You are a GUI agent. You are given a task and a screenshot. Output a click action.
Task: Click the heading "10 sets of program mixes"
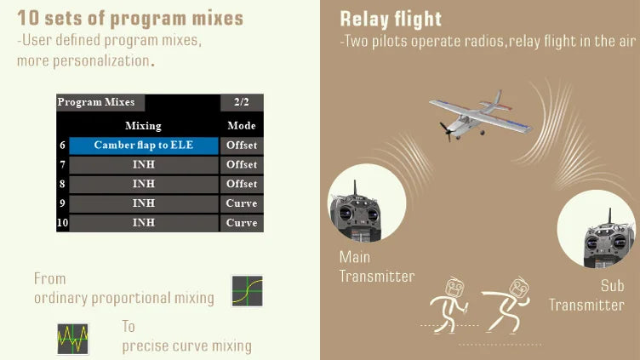pyautogui.click(x=129, y=18)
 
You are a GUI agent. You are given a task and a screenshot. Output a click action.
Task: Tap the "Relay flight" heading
pyautogui.click(x=390, y=19)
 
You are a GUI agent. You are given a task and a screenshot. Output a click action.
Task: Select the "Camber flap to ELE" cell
pyautogui.click(x=143, y=146)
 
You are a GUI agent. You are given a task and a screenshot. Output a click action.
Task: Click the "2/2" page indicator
pyautogui.click(x=242, y=102)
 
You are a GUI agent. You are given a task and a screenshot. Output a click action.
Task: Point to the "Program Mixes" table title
pyautogui.click(x=96, y=102)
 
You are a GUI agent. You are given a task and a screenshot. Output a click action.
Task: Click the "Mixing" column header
pyautogui.click(x=143, y=126)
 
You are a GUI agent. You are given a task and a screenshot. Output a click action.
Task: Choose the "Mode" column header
pyautogui.click(x=242, y=126)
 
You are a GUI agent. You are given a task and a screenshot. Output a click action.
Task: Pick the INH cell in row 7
pyautogui.click(x=143, y=165)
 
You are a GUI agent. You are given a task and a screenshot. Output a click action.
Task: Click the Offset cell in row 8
pyautogui.click(x=242, y=185)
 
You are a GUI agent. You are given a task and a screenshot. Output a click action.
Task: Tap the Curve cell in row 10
pyautogui.click(x=242, y=224)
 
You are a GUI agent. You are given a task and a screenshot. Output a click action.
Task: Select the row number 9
pyautogui.click(x=62, y=204)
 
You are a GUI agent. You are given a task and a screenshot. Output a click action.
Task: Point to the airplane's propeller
pyautogui.click(x=445, y=130)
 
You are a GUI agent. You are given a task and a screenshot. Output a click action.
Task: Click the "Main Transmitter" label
pyautogui.click(x=376, y=266)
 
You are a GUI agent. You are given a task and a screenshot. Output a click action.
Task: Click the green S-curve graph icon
pyautogui.click(x=247, y=291)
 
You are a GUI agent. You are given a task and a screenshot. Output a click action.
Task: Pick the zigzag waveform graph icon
pyautogui.click(x=72, y=338)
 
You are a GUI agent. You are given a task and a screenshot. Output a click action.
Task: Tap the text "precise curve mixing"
pyautogui.click(x=186, y=346)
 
